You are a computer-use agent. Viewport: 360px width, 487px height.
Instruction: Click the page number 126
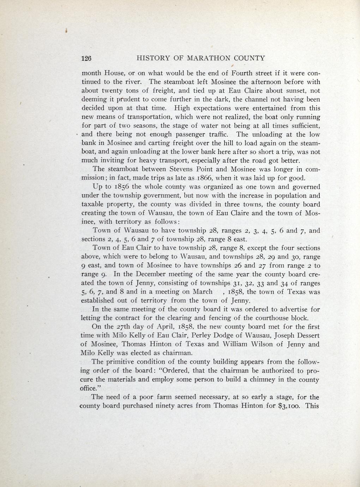86,58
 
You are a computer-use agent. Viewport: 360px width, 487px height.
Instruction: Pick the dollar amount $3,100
289,405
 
